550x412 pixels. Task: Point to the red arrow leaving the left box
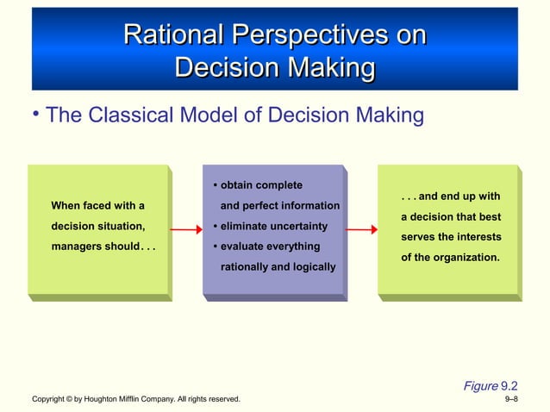coord(185,231)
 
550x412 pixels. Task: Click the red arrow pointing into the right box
coord(362,230)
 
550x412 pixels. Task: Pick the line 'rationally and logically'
coord(278,267)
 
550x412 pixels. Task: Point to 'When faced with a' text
coord(97,206)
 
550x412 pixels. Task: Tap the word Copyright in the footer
coord(49,400)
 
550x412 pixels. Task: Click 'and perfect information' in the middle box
coord(280,206)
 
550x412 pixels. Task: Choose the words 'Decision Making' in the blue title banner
coord(274,67)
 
